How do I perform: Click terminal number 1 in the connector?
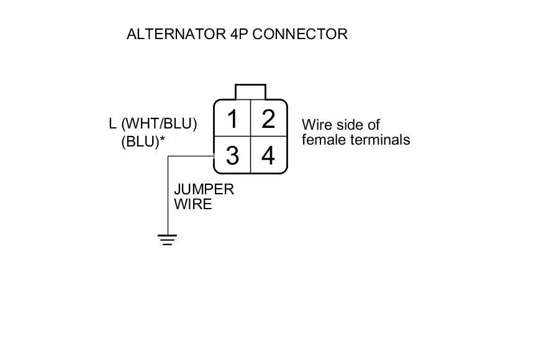tap(232, 119)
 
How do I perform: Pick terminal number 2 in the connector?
tap(268, 119)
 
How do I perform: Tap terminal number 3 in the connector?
tap(232, 156)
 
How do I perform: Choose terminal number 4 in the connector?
tap(268, 156)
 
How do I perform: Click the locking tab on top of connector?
tap(250, 92)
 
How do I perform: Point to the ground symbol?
tap(167, 240)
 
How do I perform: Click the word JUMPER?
tap(204, 189)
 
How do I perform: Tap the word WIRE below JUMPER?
tap(192, 204)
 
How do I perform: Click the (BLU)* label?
tap(140, 142)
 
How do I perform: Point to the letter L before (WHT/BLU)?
tap(112, 124)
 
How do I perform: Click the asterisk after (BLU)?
tap(163, 139)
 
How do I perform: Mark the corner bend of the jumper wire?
tap(168, 156)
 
